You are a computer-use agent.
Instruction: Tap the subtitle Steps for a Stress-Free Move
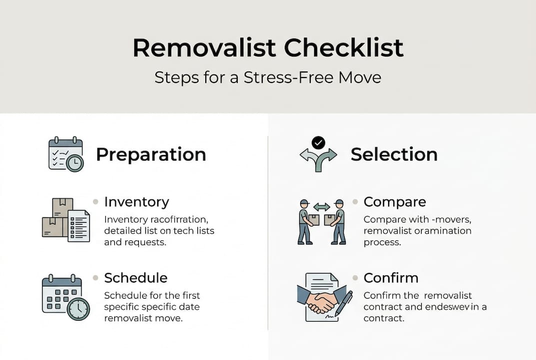pyautogui.click(x=268, y=78)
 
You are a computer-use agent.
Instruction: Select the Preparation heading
pyautogui.click(x=151, y=154)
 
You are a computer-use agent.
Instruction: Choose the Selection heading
pyautogui.click(x=394, y=154)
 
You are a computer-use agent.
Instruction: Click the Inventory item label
pyautogui.click(x=136, y=202)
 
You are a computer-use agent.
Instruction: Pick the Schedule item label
pyautogui.click(x=135, y=277)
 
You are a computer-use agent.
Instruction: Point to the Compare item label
pyautogui.click(x=395, y=202)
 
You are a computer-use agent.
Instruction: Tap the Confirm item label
pyautogui.click(x=391, y=277)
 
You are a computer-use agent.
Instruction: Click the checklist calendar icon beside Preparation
pyautogui.click(x=65, y=154)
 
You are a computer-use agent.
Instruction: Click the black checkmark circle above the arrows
pyautogui.click(x=318, y=143)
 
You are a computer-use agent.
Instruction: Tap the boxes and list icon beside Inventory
pyautogui.click(x=65, y=220)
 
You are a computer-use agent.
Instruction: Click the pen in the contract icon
pyautogui.click(x=344, y=303)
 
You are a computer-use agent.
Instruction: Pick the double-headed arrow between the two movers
pyautogui.click(x=322, y=206)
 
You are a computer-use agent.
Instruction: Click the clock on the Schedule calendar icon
pyautogui.click(x=78, y=309)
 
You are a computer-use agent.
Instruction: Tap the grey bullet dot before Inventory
pyautogui.click(x=95, y=202)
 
